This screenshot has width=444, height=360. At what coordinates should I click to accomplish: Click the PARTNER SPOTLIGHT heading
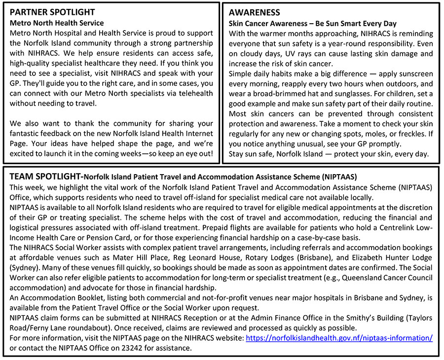click(x=52, y=12)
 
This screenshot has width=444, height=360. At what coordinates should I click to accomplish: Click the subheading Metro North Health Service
click(x=57, y=23)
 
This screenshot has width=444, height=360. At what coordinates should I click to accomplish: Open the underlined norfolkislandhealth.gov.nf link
click(x=339, y=338)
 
